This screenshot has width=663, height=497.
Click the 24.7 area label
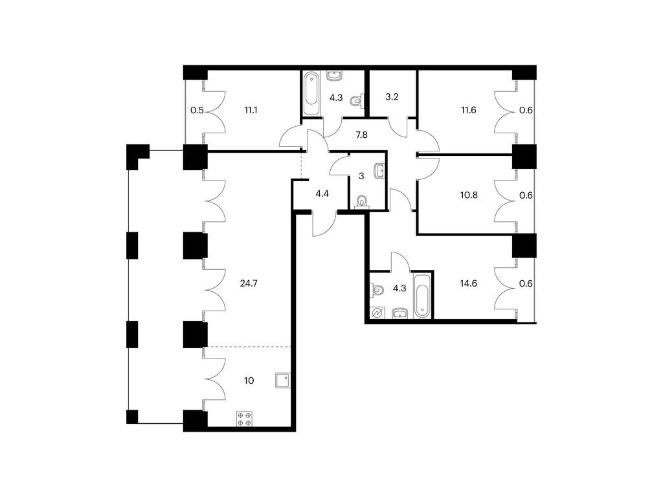249,283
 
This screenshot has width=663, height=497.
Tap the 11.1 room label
251,110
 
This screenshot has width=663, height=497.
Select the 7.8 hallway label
361,135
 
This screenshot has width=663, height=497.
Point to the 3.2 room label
392,97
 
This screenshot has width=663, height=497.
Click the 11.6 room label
469,110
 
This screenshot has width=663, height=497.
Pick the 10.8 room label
469,195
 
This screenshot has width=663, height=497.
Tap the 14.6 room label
469,283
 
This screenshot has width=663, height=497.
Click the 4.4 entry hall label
322,194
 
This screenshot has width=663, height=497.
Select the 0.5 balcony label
197,111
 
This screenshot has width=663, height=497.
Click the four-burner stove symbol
244,419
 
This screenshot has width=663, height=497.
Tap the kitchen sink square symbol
282,381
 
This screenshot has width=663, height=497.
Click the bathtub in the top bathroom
311,94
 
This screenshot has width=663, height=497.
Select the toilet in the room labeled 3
362,203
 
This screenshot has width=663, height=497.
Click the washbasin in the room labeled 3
379,171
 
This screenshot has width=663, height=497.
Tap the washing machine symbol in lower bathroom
377,313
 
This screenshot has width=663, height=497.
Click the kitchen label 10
249,381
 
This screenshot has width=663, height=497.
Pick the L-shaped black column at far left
138,157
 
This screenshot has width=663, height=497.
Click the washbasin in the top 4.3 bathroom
335,76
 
